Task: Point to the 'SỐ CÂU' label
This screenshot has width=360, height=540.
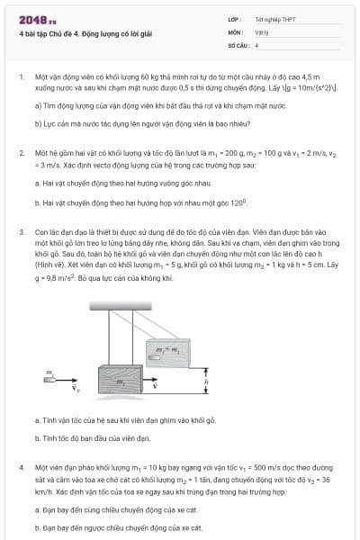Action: point(238,43)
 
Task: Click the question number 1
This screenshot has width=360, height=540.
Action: point(21,78)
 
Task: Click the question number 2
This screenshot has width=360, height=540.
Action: point(21,154)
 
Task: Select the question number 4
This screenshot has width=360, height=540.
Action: point(21,469)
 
